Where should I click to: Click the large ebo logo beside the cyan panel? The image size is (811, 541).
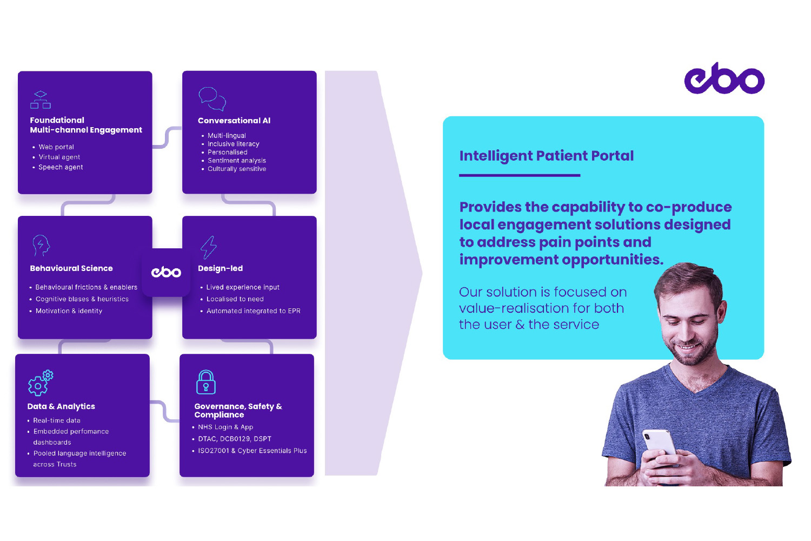point(724,78)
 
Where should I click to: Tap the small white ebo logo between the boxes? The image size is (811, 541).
point(166,272)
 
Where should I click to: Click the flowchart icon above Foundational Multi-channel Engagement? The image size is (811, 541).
point(41,100)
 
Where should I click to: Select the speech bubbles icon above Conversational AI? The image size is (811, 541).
point(212,98)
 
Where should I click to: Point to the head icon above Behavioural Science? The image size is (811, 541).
point(41,246)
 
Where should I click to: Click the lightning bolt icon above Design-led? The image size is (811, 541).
point(209,247)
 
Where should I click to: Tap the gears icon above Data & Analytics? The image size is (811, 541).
point(41,382)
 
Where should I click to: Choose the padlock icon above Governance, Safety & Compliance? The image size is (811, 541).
point(205,382)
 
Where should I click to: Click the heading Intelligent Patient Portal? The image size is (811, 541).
point(546,156)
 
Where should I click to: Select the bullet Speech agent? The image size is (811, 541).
point(61,167)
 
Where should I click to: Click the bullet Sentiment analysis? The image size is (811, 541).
point(237,161)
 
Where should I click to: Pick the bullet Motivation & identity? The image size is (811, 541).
point(69,311)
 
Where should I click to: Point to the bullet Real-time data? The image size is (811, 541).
point(57,420)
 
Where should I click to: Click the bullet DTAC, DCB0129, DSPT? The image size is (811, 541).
point(235,439)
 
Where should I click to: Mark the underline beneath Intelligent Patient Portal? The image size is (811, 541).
point(520,175)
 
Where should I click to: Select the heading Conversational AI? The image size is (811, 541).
point(234,121)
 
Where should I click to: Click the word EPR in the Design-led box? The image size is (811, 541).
point(294,311)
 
